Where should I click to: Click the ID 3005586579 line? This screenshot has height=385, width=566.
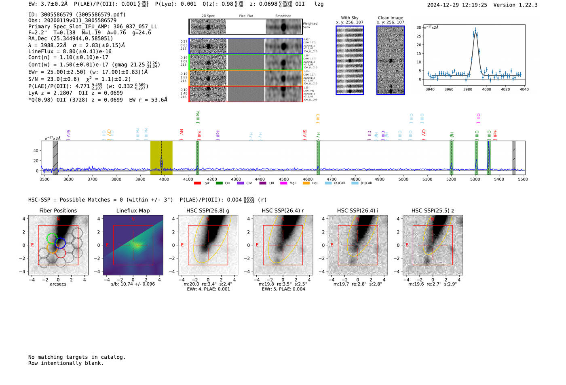pyautogui.click(x=77, y=15)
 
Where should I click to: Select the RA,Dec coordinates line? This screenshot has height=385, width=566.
pyautogui.click(x=71, y=39)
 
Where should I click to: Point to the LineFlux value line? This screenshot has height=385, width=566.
pyautogui.click(x=70, y=51)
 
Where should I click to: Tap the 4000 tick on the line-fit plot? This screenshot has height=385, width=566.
pyautogui.click(x=486, y=89)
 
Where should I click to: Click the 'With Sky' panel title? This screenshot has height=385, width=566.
pyautogui.click(x=350, y=18)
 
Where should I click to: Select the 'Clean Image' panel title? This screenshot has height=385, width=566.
pyautogui.click(x=391, y=18)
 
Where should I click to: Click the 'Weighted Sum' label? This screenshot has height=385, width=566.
pyautogui.click(x=310, y=25)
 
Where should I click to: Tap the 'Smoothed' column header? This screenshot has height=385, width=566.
pyautogui.click(x=283, y=16)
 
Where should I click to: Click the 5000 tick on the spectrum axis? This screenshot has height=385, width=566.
pyautogui.click(x=403, y=179)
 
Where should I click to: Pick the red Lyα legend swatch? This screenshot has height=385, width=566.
pyautogui.click(x=197, y=183)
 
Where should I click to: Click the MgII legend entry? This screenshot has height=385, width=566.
pyautogui.click(x=289, y=183)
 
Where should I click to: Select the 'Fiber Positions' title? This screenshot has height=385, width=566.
pyautogui.click(x=58, y=210)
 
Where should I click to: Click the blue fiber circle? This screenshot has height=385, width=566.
pyautogui.click(x=61, y=243)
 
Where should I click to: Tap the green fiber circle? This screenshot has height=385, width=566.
pyautogui.click(x=52, y=238)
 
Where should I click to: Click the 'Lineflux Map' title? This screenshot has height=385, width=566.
pyautogui.click(x=133, y=210)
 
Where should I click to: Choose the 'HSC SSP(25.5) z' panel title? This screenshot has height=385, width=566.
pyautogui.click(x=433, y=210)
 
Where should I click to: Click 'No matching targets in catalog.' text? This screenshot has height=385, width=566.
pyautogui.click(x=77, y=357)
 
